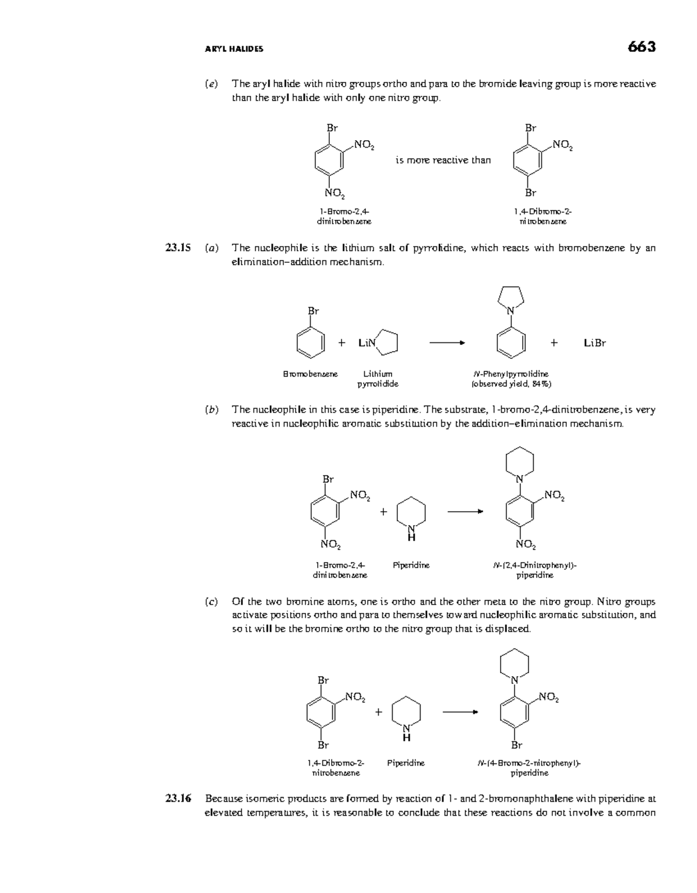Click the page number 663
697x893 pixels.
641,47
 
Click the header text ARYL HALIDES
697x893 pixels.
234,49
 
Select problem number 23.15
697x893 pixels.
178,248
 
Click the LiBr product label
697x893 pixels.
595,343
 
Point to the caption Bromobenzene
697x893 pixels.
310,374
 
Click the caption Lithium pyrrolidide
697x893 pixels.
378,378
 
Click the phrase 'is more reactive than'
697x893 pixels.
443,160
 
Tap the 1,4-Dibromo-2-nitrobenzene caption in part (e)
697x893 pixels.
542,216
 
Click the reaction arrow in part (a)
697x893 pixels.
447,343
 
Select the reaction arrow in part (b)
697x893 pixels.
465,512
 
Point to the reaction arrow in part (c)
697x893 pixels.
460,712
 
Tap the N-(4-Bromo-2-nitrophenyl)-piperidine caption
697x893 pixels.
529,768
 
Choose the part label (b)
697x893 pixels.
211,410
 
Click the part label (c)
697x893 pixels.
211,602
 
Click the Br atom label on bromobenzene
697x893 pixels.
313,311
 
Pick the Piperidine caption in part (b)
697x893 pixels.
411,565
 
